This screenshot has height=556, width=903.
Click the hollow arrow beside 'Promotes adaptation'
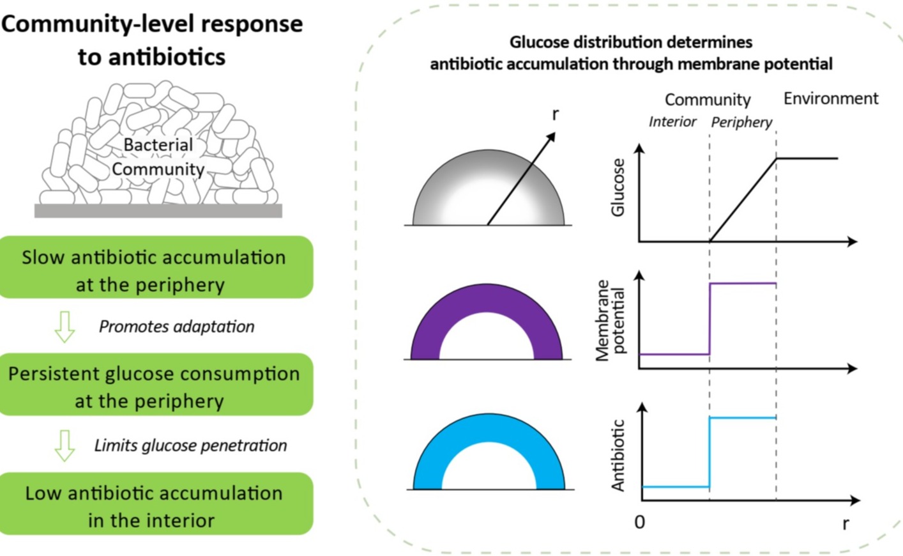(x=64, y=327)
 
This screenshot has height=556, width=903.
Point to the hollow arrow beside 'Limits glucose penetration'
(x=64, y=445)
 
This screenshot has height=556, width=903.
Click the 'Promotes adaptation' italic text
(x=176, y=327)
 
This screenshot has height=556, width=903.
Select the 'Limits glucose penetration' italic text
(x=190, y=445)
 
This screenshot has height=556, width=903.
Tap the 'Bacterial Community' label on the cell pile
(x=158, y=157)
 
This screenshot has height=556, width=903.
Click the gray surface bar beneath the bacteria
(x=158, y=211)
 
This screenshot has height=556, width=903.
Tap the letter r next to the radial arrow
(x=555, y=114)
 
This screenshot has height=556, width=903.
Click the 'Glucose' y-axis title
(x=618, y=187)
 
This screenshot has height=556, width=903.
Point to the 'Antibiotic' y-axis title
(x=618, y=455)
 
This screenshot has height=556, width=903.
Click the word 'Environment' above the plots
(x=830, y=98)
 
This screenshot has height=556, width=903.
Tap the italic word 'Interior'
(x=672, y=121)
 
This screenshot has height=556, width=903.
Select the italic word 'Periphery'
(x=741, y=122)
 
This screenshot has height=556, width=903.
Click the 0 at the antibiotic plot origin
(x=639, y=522)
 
